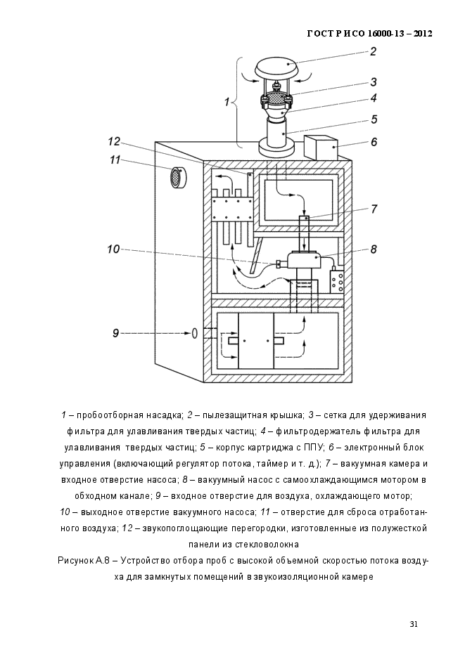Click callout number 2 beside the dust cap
(373, 52)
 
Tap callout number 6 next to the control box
(374, 142)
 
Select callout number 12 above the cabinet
(114, 142)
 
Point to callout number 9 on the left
(116, 333)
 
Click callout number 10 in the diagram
(114, 249)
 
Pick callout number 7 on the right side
(374, 209)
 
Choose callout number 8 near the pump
(374, 249)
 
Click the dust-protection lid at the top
(276, 67)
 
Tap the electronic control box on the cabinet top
(321, 148)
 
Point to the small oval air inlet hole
(194, 333)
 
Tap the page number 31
(414, 624)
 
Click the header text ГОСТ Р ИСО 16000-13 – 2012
(370, 34)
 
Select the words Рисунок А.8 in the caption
(84, 561)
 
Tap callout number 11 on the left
(115, 160)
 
